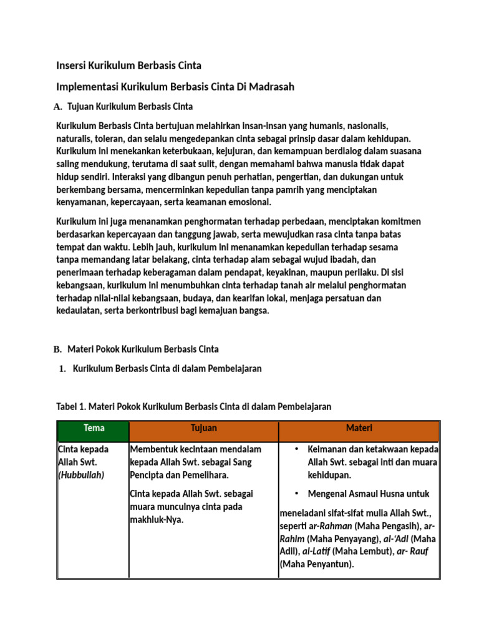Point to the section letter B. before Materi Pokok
coord(58,349)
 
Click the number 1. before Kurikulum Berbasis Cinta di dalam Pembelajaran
coord(62,369)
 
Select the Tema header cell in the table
coord(94,428)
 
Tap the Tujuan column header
coord(203,428)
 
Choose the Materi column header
coord(359,428)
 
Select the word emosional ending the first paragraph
coord(251,202)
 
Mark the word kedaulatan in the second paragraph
coord(79,311)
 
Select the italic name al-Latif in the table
coord(316,552)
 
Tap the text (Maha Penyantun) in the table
coord(317,565)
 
